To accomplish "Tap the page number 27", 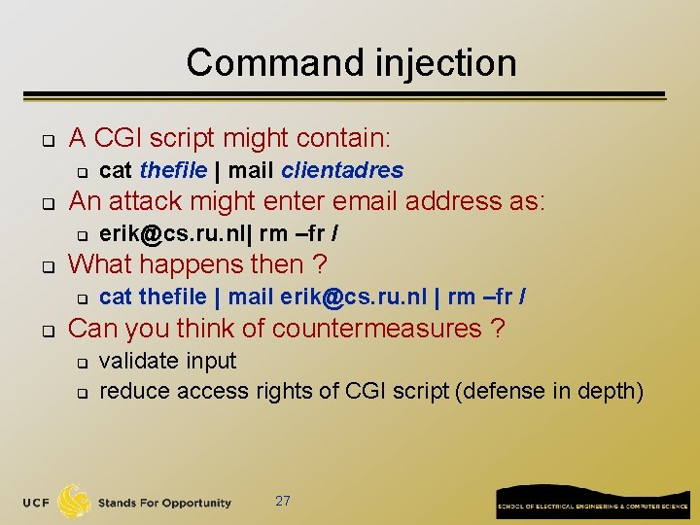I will pos(283,502).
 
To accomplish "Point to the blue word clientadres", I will pos(342,170).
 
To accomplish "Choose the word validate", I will pos(139,361).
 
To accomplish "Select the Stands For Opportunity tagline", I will pos(164,503).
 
